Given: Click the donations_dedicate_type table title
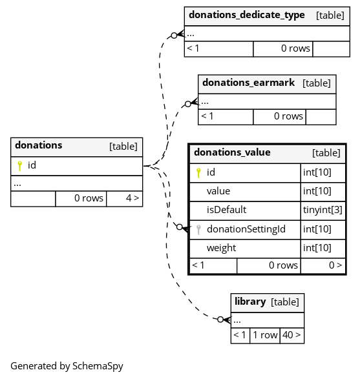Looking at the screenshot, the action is point(246,15).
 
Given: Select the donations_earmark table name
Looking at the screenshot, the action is point(248,83).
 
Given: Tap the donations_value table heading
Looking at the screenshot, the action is point(232,152).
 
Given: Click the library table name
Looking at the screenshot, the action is point(250,302).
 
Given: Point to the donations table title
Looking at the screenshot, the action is point(39,145).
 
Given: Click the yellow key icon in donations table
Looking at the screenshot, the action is point(20,166).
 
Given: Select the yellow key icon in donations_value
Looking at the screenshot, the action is point(198,173).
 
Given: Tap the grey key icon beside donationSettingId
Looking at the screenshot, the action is point(198,230).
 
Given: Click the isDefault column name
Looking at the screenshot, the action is point(226,210).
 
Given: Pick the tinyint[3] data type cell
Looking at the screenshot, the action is point(323,210).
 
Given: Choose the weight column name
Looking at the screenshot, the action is point(222,248).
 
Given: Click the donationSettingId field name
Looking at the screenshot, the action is point(246,229).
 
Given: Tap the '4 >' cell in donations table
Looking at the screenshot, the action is point(132,198).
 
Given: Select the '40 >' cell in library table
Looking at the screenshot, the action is point(291,334).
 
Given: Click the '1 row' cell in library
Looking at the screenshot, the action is point(265,334).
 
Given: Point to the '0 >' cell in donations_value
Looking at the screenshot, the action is point(335,265).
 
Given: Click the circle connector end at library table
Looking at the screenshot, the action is point(220,320).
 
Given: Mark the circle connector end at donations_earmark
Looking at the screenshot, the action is point(188,104).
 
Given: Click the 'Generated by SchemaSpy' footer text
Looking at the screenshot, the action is point(67,366).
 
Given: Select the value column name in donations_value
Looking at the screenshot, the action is point(218,191).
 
